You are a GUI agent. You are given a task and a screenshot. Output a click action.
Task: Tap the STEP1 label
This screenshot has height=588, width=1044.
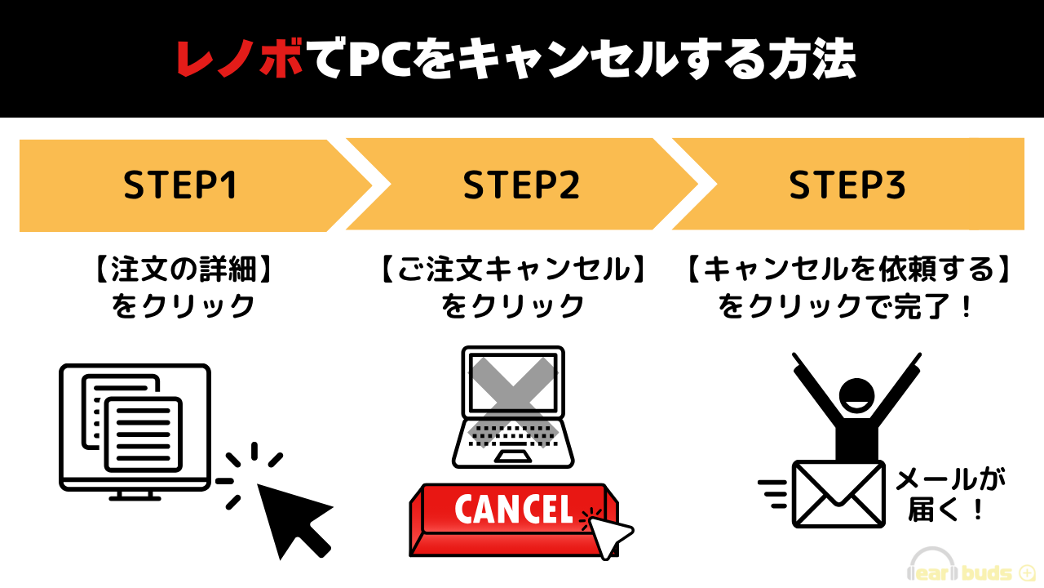[x=180, y=185]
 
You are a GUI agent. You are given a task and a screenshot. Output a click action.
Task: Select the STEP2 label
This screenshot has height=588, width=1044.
[x=521, y=185]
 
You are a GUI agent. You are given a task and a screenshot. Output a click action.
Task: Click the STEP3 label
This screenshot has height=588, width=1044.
[x=847, y=185]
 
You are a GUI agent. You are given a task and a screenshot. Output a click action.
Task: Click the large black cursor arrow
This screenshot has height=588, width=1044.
[x=290, y=514]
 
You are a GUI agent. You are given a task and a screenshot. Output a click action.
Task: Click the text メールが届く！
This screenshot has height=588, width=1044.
[x=949, y=495]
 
